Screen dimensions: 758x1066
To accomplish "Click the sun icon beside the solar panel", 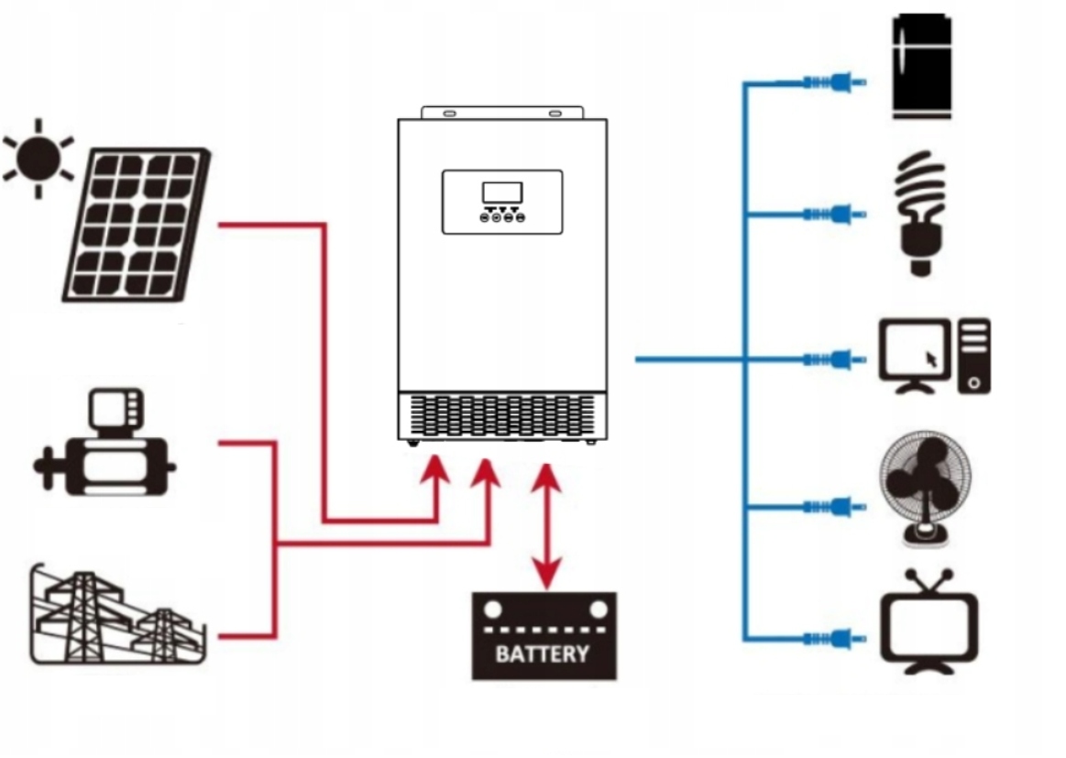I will [38, 158].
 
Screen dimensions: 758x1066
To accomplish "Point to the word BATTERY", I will [543, 654].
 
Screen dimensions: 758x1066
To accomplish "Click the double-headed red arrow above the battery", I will [547, 527].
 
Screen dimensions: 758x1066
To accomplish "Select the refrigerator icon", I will [921, 66].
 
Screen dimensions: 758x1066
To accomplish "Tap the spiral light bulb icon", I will [919, 213].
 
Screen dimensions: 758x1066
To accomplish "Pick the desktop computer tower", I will [974, 356].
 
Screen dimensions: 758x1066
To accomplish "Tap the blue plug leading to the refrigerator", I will [834, 82].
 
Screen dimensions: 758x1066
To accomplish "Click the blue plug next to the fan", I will [834, 505].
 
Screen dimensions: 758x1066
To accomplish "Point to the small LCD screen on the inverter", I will [502, 192].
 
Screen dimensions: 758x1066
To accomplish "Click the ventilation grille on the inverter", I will [502, 415].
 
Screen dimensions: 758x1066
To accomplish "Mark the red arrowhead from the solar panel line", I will [437, 473].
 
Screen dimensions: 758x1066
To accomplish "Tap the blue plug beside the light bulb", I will [834, 214].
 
